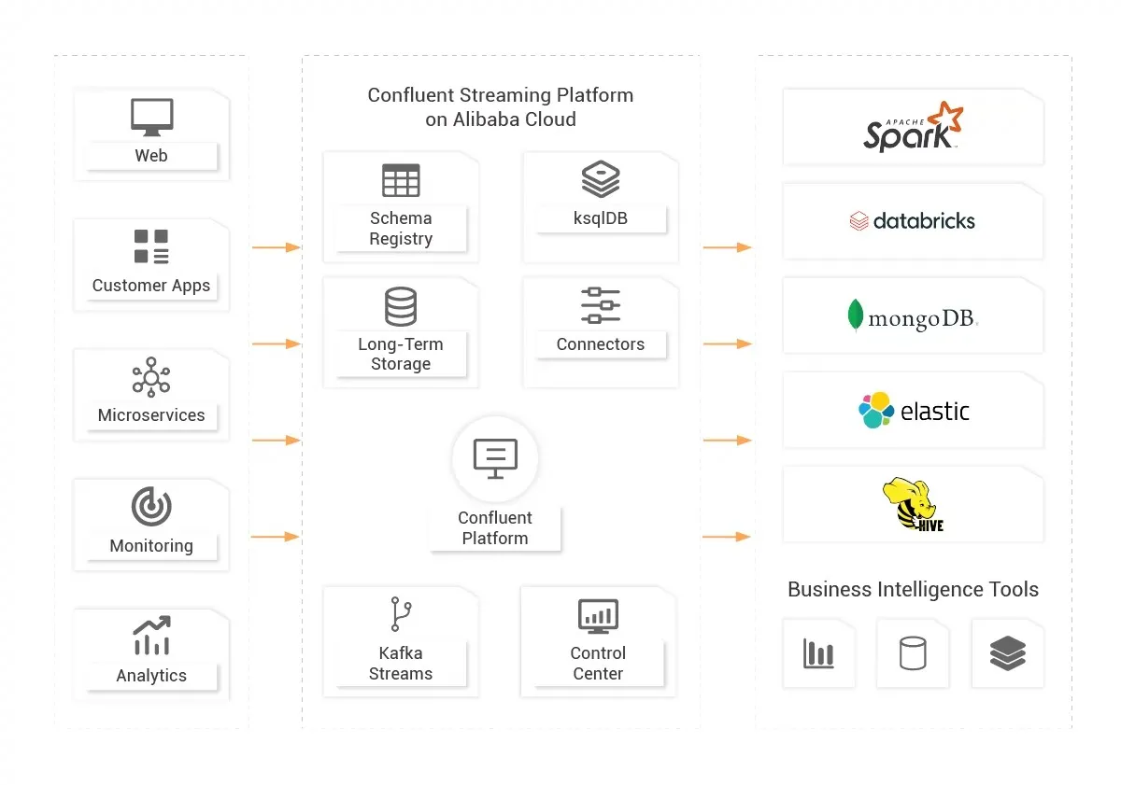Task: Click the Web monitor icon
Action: coord(151,118)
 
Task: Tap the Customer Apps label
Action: coord(151,286)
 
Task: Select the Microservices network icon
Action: coord(151,377)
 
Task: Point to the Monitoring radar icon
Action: coord(151,507)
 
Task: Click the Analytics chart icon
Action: coord(151,636)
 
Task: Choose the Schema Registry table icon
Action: coord(401,180)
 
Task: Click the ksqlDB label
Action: coord(601,218)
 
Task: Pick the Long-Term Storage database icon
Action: coord(401,306)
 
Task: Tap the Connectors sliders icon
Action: coord(601,305)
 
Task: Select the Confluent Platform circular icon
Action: coord(495,457)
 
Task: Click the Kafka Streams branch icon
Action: coord(401,615)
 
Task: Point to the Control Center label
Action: coord(598,663)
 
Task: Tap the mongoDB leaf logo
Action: coord(855,315)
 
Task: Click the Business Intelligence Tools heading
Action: coord(913,590)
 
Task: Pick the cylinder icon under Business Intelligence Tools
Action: coord(913,653)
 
